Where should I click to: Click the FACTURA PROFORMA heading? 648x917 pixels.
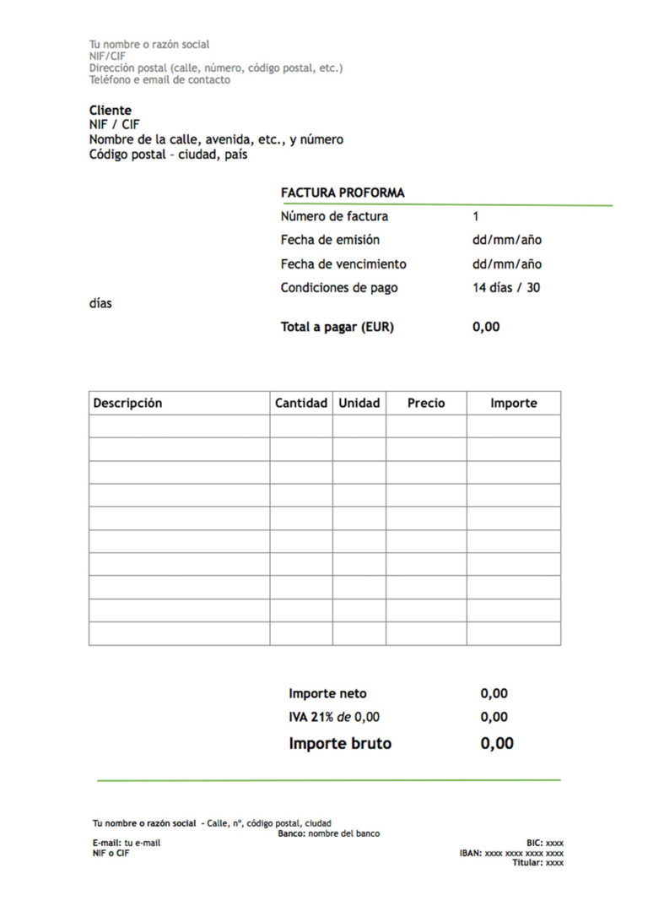(x=343, y=193)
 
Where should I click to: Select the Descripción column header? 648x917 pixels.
(x=127, y=403)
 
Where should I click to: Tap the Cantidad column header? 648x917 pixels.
(x=301, y=403)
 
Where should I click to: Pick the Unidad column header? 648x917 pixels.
(x=359, y=403)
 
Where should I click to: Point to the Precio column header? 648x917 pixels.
(x=426, y=403)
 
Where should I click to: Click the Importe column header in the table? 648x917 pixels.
(x=514, y=403)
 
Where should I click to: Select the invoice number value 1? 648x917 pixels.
(x=476, y=216)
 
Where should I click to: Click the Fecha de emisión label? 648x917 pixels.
(x=330, y=240)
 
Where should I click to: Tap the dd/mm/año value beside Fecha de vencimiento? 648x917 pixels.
(x=507, y=263)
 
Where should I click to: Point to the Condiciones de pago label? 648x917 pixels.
(x=339, y=287)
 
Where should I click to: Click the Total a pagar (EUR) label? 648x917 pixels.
(x=337, y=327)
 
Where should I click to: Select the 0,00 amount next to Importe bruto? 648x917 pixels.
(x=497, y=743)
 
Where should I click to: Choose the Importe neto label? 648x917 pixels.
(x=327, y=693)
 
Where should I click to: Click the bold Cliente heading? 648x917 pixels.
(x=111, y=110)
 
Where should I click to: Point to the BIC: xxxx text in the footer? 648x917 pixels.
(x=545, y=843)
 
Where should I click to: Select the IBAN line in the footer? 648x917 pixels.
(x=511, y=853)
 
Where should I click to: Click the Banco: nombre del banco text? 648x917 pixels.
(x=328, y=833)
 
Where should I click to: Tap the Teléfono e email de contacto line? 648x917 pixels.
(x=159, y=80)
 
